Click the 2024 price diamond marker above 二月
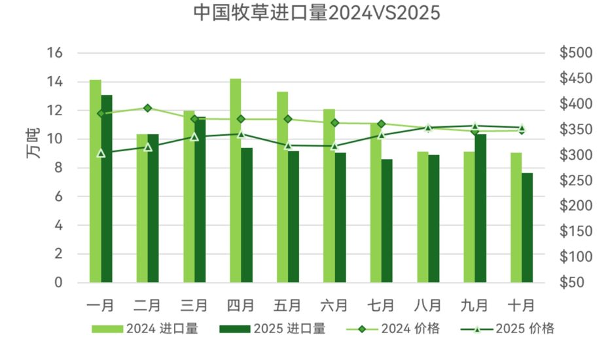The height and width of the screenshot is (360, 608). tap(147, 108)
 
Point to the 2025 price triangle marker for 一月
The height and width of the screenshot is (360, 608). tap(101, 153)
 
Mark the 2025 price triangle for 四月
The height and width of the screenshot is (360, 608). tap(241, 134)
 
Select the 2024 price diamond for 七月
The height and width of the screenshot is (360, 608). tap(381, 123)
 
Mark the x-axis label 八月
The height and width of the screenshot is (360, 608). tap(427, 304)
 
